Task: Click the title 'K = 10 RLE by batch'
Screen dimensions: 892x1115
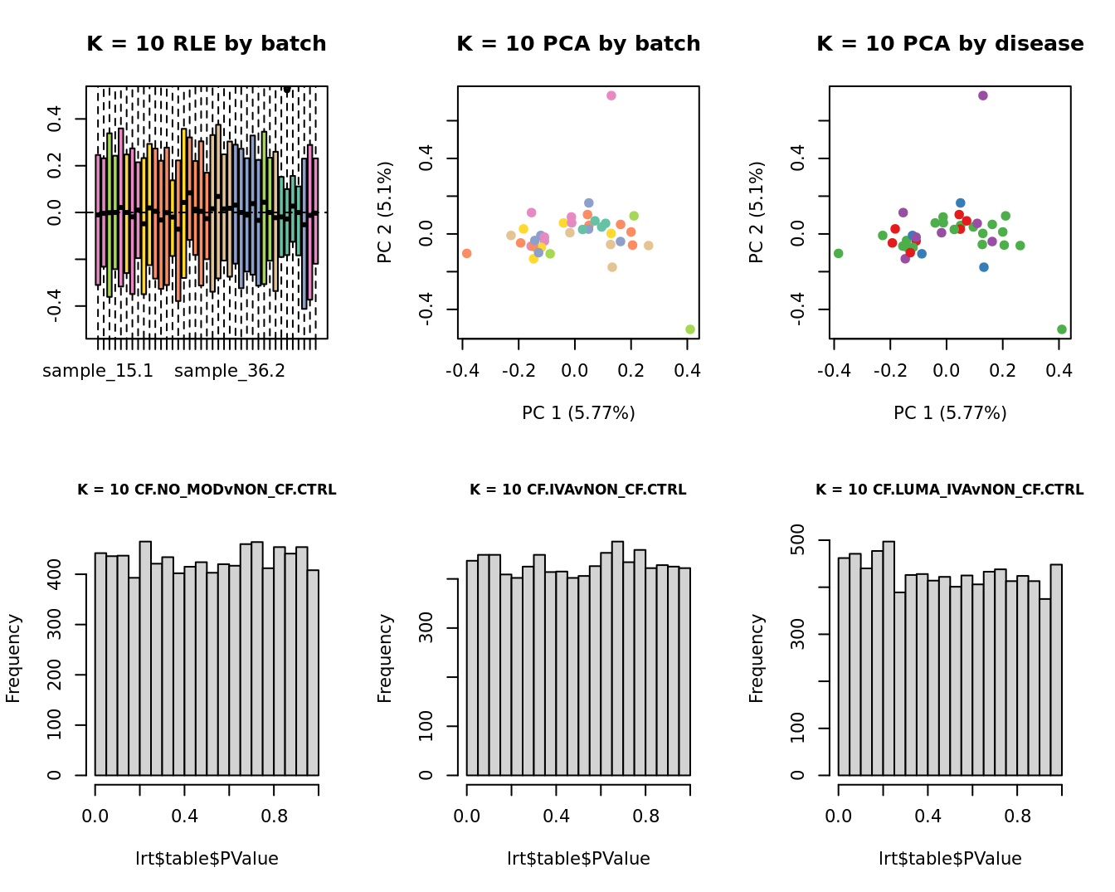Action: click(x=207, y=44)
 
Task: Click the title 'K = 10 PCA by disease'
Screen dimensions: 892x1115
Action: click(x=950, y=44)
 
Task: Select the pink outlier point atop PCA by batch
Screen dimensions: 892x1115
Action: click(x=611, y=95)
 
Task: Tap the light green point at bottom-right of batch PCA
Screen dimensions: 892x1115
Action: click(x=690, y=329)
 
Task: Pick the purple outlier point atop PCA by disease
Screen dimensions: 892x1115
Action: click(x=983, y=95)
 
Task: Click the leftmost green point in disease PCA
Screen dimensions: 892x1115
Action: click(x=838, y=253)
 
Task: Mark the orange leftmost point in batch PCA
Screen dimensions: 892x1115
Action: click(x=466, y=253)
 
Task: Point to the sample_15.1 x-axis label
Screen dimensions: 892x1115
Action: click(x=98, y=371)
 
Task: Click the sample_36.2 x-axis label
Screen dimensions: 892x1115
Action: click(x=230, y=371)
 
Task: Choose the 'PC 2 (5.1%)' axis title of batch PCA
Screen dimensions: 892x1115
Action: click(x=385, y=212)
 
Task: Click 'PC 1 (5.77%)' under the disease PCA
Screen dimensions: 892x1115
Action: click(x=950, y=412)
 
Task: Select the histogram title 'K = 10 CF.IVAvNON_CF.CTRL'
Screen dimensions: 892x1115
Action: click(x=578, y=490)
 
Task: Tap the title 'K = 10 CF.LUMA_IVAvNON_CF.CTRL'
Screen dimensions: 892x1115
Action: click(x=950, y=490)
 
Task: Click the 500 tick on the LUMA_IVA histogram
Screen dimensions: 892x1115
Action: click(x=798, y=540)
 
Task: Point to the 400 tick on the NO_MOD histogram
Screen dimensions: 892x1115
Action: click(x=55, y=574)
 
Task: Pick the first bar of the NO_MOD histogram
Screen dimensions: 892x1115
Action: click(x=100, y=664)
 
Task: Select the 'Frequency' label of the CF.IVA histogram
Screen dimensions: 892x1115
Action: click(x=385, y=658)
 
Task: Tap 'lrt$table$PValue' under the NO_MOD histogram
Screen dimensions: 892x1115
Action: click(x=207, y=859)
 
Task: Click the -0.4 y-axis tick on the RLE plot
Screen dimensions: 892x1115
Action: click(x=55, y=306)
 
